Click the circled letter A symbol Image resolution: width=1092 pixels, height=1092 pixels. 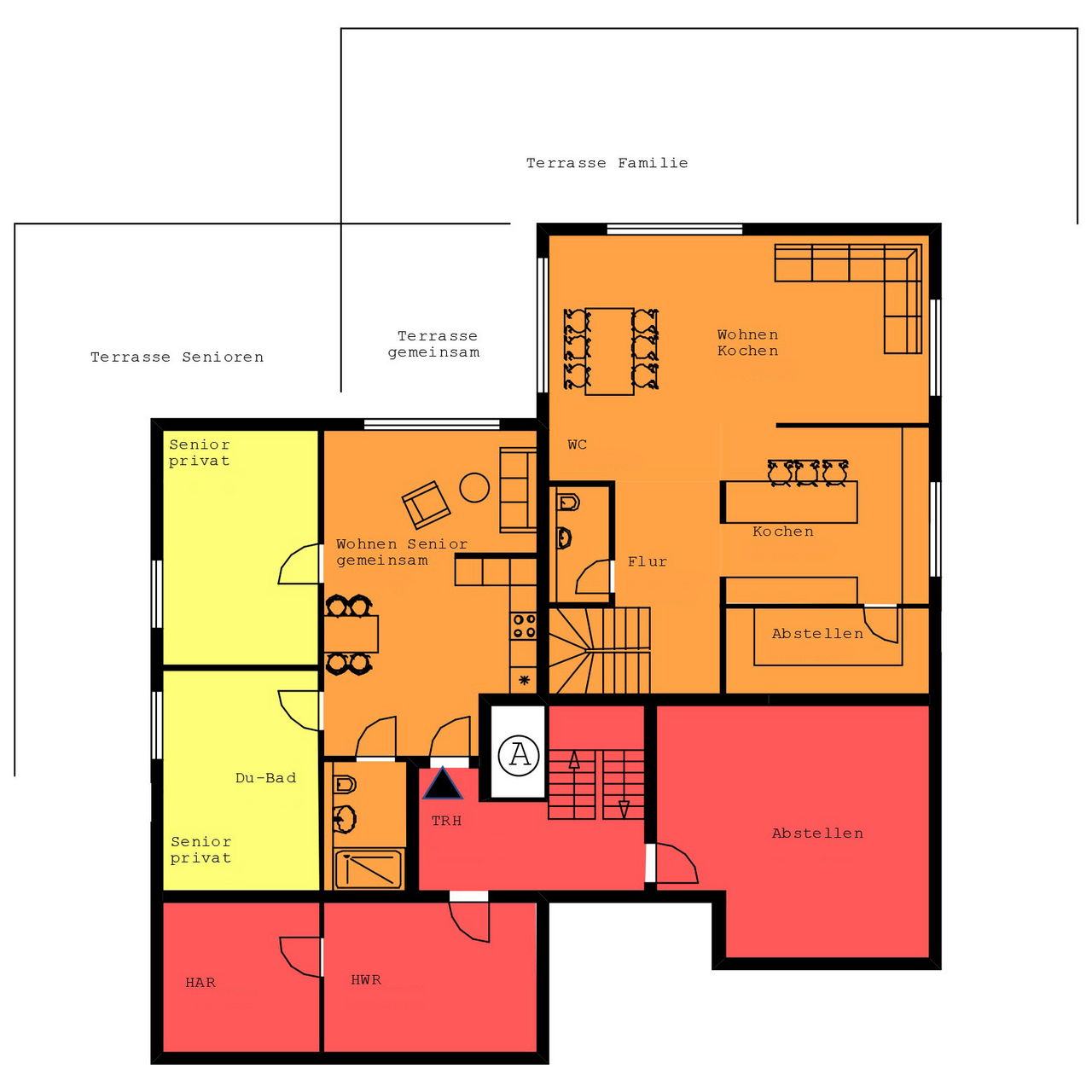pos(519,755)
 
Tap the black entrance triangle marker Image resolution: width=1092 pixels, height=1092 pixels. pos(443,784)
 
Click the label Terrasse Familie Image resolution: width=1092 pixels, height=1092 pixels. pos(607,163)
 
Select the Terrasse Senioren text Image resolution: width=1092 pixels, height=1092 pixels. pos(177,357)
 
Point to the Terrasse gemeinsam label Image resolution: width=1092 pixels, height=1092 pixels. pos(434,345)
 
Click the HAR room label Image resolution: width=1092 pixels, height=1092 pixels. pos(200,982)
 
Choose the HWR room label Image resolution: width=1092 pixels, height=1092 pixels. pos(366,979)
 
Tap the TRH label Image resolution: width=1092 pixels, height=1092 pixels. pos(446,821)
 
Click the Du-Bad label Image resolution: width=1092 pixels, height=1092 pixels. pos(266,778)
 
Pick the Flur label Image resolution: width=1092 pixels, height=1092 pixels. pos(648,561)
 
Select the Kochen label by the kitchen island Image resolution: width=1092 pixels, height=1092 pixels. pos(783,531)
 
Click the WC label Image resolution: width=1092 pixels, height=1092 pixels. pos(578,444)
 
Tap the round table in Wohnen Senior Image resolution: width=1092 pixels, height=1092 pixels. pos(474,487)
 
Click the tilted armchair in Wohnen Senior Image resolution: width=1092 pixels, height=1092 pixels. pos(427,504)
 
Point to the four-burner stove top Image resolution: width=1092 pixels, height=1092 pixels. pos(524,625)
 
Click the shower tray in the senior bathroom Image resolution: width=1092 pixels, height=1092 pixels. pos(369,868)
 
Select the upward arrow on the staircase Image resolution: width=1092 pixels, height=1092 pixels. pos(574,760)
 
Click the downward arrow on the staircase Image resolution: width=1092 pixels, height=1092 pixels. pos(624,808)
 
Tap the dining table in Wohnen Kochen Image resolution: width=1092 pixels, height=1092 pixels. pos(610,351)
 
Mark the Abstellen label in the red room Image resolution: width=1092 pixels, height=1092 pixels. pos(818,834)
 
